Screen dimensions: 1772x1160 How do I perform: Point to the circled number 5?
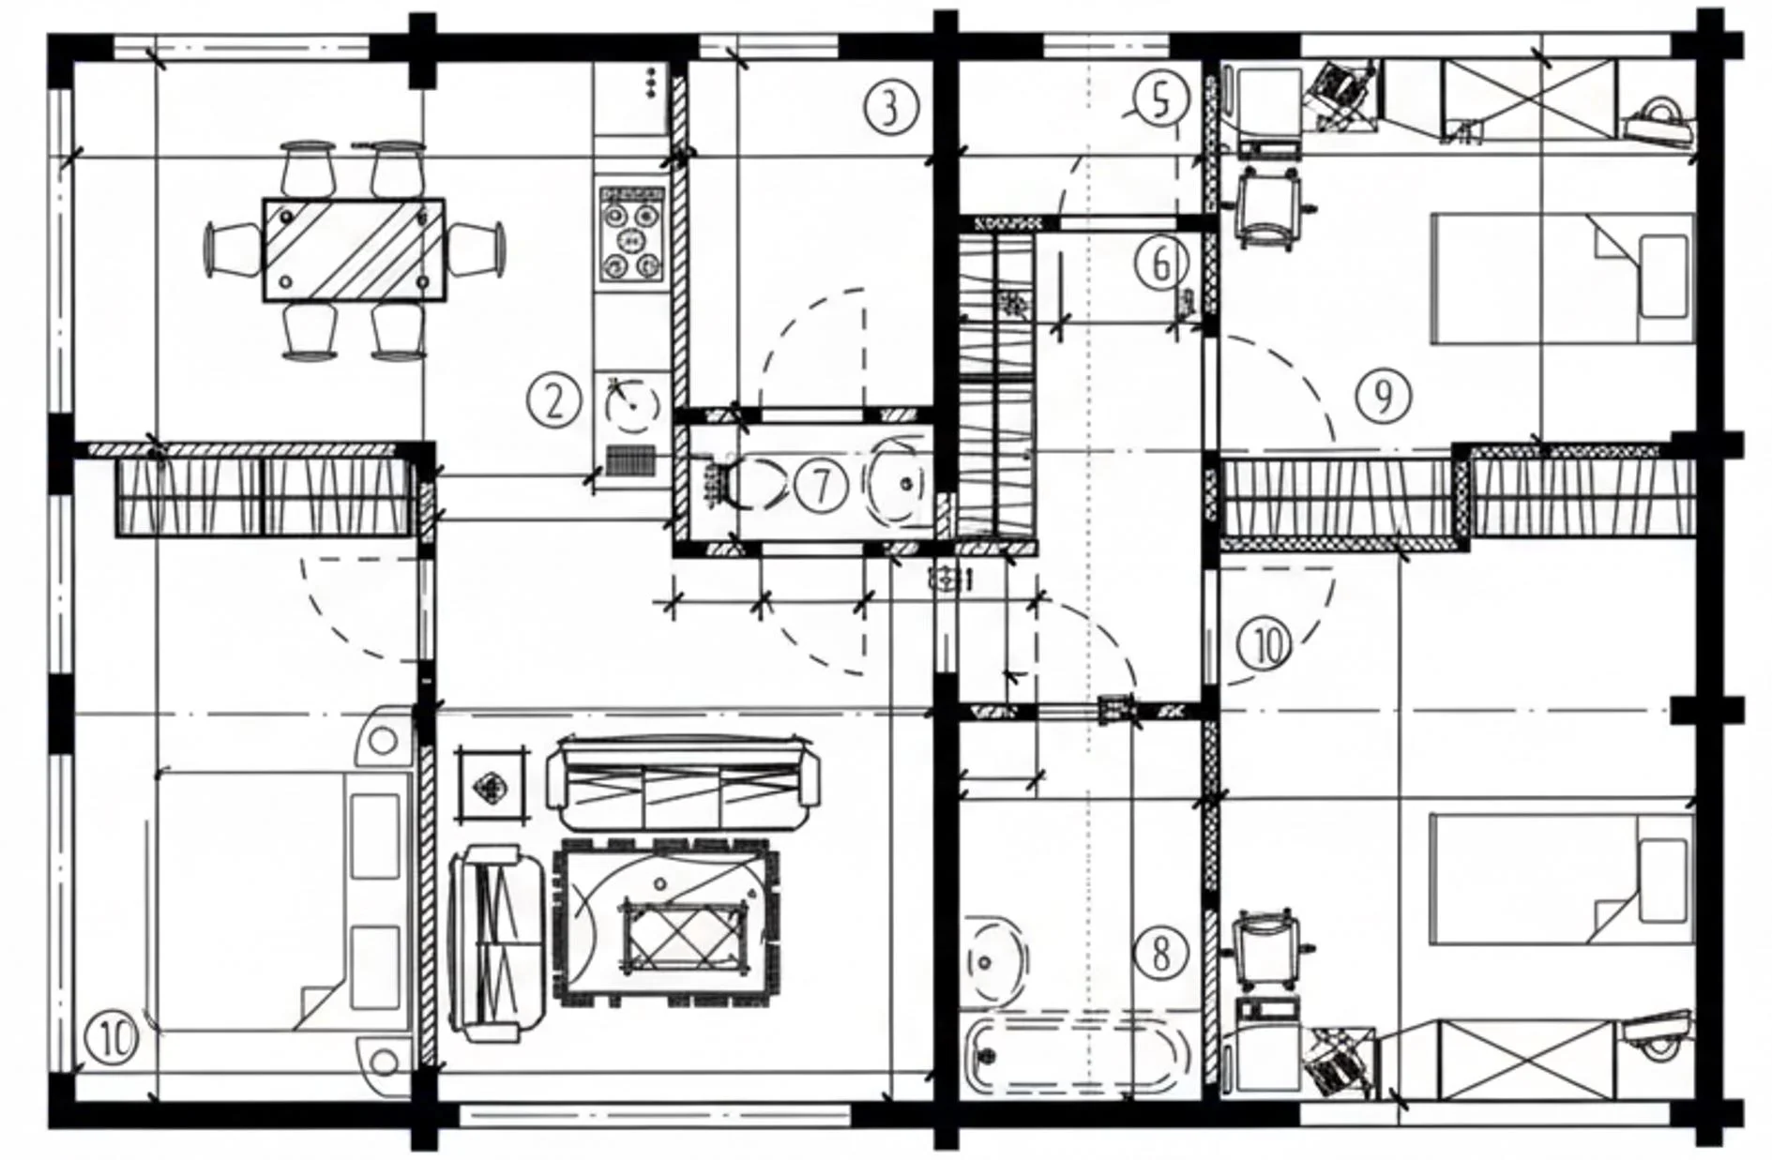[x=1161, y=98]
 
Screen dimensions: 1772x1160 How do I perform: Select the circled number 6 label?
[x=1160, y=264]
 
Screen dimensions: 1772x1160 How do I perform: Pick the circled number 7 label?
[x=821, y=486]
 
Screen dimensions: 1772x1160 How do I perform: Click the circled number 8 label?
[x=1160, y=954]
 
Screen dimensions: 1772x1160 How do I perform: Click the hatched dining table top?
[x=354, y=249]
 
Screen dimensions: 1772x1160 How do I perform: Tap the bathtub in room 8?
[x=1074, y=1057]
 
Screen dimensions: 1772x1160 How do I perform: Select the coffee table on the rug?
[x=686, y=934]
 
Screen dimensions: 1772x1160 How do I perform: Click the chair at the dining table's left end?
[x=234, y=249]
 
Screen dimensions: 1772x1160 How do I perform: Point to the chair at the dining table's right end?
[x=475, y=249]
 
